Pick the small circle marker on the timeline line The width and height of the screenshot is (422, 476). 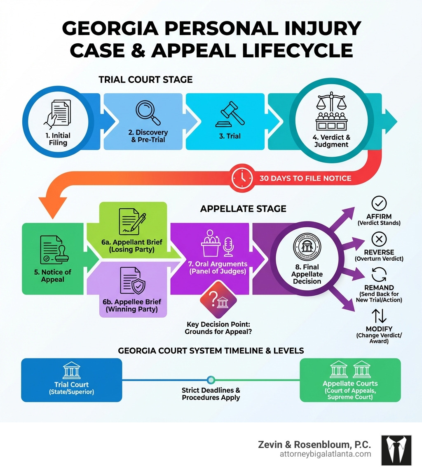coord(211,379)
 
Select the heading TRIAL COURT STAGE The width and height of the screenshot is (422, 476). coord(145,80)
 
